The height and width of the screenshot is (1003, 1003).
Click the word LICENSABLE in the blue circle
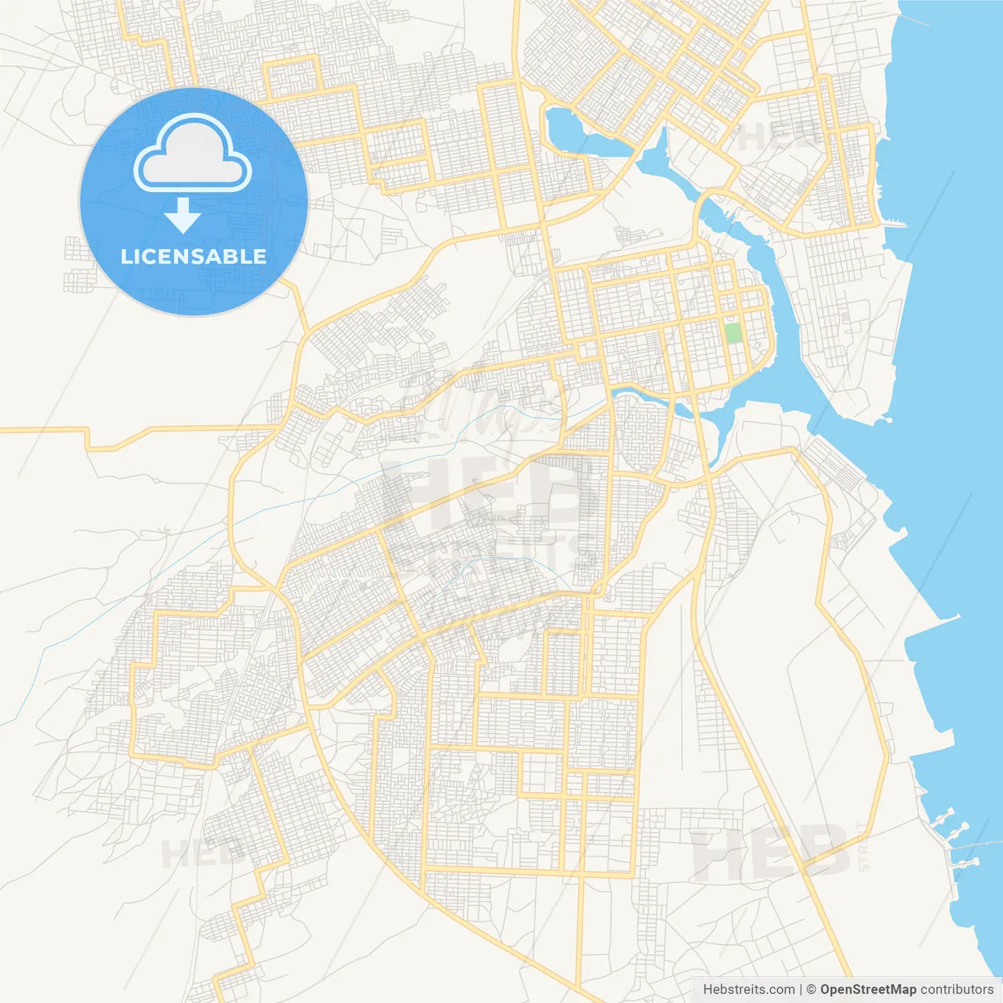click(x=194, y=256)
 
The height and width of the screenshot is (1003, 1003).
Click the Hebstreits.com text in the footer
click(x=748, y=990)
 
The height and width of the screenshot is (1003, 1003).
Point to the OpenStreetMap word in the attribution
click(x=868, y=990)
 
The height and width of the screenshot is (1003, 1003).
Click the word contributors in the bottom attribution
click(x=957, y=990)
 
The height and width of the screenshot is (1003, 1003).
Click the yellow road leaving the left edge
click(x=39, y=429)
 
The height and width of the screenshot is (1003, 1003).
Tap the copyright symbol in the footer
click(x=811, y=990)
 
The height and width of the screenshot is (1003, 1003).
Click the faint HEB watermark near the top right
click(x=772, y=137)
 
